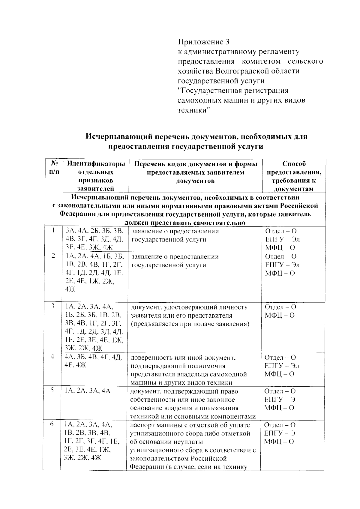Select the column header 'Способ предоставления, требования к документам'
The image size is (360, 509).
pyautogui.click(x=294, y=176)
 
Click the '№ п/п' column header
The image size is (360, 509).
pyautogui.click(x=54, y=168)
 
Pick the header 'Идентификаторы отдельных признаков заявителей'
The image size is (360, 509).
pyautogui.click(x=96, y=176)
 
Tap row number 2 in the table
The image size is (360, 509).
pyautogui.click(x=53, y=256)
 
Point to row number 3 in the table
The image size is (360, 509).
pyautogui.click(x=53, y=307)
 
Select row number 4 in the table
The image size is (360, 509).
pyautogui.click(x=52, y=357)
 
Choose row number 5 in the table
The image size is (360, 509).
pyautogui.click(x=52, y=391)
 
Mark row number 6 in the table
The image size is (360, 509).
pyautogui.click(x=52, y=425)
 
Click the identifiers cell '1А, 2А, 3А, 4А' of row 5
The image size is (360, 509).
pyautogui.click(x=87, y=391)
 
